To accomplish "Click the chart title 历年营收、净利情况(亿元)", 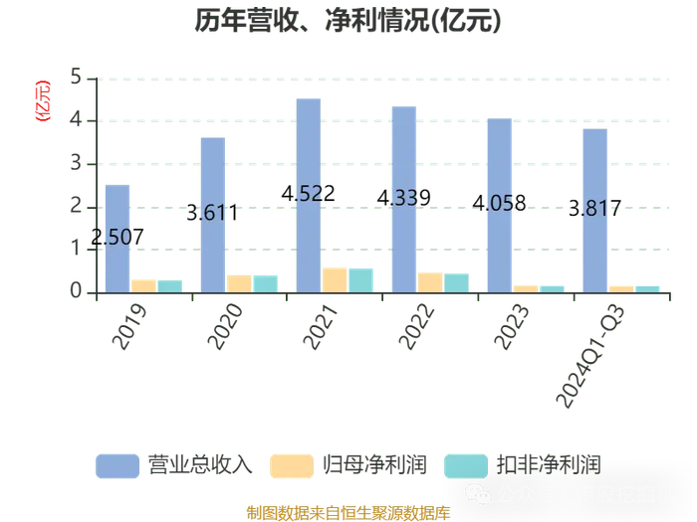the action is coord(348,21).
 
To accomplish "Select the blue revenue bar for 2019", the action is coord(117,239).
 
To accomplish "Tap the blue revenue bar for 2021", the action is coord(309,196).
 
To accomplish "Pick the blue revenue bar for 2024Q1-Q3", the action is coord(595,211).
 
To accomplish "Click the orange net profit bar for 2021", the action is coord(335,280).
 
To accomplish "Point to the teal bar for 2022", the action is coord(456,283).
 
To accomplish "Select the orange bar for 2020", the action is coord(239,284).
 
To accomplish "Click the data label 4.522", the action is coord(308,194).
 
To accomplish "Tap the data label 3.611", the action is coord(212,213).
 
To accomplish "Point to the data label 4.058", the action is coord(499,203).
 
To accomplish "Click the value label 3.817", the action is coord(594,208).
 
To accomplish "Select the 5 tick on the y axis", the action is coord(76,77).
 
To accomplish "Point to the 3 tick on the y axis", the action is coord(76,163).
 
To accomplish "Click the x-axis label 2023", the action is coord(512,327).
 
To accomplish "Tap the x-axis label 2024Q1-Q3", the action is coord(590,356).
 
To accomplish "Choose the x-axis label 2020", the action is coord(225,327).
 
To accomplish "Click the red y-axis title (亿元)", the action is coord(43,100).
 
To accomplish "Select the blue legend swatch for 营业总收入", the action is coord(117,466).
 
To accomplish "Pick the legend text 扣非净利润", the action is coord(549,465).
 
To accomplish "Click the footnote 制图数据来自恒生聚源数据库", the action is coord(348,513).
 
